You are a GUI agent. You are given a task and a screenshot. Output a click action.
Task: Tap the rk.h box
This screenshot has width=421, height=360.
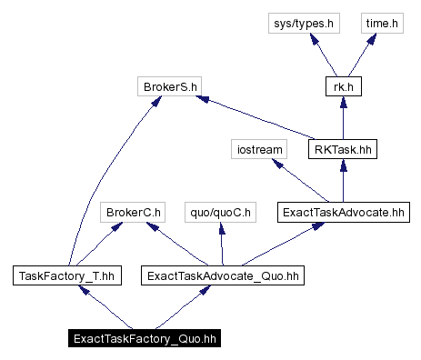click(x=342, y=87)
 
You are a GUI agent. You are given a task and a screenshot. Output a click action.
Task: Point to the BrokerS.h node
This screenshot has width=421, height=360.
click(x=170, y=87)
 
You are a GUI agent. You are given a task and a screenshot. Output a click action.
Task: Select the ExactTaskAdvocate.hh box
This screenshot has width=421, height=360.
click(x=342, y=213)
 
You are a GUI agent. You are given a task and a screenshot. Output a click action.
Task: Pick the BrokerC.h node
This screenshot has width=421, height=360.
click(x=132, y=213)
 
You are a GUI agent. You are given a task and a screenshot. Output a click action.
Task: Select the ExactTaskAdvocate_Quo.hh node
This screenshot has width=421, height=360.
click(x=222, y=275)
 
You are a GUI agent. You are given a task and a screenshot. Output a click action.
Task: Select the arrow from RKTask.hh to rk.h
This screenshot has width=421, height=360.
click(x=342, y=118)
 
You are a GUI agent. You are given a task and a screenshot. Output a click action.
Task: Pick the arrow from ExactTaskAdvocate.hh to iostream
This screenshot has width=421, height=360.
click(x=300, y=181)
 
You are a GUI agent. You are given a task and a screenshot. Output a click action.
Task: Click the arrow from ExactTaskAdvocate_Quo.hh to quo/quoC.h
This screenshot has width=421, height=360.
click(x=220, y=244)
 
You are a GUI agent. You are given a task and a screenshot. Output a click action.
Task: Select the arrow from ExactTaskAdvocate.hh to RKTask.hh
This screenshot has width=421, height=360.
click(x=342, y=181)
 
